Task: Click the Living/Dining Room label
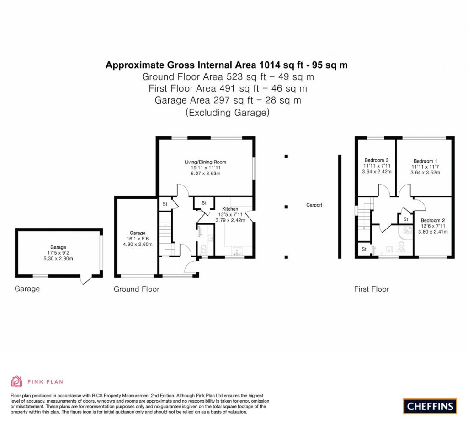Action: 205,162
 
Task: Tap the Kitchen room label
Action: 230,209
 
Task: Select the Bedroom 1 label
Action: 425,161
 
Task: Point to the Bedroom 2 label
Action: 433,220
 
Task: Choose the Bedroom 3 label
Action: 377,160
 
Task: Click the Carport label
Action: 314,205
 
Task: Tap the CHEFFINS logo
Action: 430,406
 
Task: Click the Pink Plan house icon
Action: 16,381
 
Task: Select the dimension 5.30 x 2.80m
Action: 58,258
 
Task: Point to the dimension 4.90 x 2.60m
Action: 138,244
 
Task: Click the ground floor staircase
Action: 165,234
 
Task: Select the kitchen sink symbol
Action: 238,251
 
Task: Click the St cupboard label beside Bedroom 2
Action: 406,219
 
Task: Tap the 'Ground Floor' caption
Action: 136,289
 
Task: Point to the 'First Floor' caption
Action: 371,289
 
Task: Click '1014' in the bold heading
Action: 270,65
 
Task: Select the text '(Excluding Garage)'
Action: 228,113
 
